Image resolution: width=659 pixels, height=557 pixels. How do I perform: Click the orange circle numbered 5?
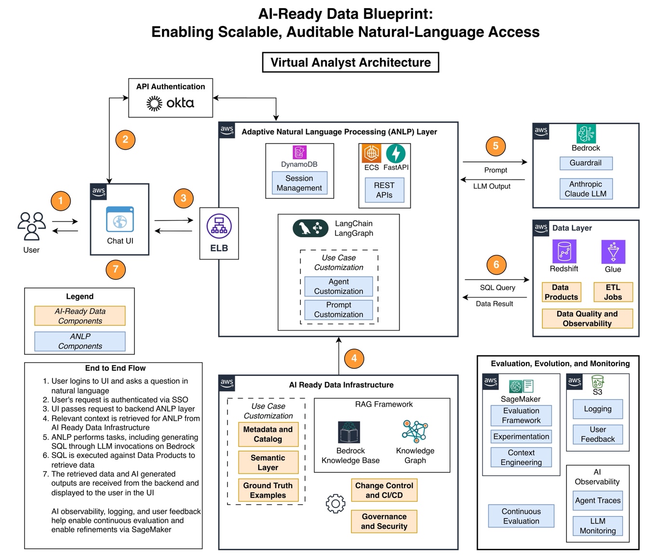496,146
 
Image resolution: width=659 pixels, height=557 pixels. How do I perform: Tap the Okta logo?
170,103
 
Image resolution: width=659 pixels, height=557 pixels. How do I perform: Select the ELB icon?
219,226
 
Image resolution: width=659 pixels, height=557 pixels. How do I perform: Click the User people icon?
31,226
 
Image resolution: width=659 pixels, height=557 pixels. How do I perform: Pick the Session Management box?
299,183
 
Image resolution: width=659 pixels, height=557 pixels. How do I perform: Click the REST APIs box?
384,190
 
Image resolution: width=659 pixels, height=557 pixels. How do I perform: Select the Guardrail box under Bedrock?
586,163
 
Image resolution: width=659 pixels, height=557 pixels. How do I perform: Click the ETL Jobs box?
613,292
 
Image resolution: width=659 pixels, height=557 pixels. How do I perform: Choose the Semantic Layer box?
268,463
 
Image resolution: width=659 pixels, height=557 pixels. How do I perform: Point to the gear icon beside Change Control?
335,504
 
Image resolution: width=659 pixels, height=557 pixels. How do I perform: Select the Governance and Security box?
384,521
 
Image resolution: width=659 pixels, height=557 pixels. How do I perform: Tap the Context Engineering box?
521,457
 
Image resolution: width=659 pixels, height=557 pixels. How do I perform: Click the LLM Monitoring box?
598,526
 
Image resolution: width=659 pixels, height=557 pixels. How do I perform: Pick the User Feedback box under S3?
598,434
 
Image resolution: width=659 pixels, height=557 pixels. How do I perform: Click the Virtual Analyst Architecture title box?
350,63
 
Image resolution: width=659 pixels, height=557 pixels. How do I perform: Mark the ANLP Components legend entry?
80,341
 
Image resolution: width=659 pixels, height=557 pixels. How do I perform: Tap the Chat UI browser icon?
120,220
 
